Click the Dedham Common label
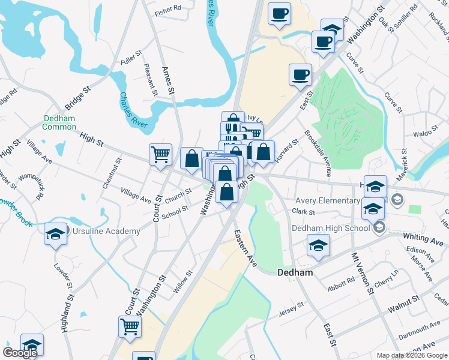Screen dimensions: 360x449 coord(59,122)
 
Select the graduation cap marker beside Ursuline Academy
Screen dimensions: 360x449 coord(55,234)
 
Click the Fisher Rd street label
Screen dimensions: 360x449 coord(168,10)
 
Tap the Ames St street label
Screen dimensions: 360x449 coord(168,80)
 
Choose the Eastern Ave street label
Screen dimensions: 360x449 coord(245,247)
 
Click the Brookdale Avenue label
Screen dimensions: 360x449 coord(317,154)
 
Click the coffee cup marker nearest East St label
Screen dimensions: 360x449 coord(300,76)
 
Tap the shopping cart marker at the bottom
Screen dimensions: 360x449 coord(130,327)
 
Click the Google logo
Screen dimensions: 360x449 coord(20,353)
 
